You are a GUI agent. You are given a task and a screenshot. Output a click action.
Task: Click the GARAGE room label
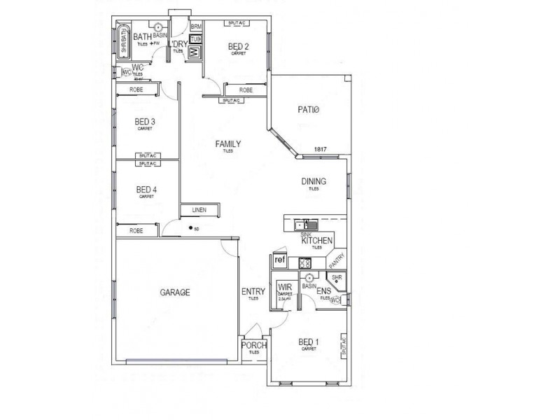[x=174, y=293]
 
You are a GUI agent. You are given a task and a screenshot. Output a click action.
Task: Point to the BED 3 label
[x=145, y=122]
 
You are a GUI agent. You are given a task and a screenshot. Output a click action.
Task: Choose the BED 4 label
[x=146, y=189]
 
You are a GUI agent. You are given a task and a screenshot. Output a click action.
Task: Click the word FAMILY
[x=227, y=144]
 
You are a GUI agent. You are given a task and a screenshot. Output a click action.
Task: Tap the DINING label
[x=314, y=182]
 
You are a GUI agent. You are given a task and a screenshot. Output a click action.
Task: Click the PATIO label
[x=308, y=110]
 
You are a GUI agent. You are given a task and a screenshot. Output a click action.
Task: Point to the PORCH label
[x=253, y=345]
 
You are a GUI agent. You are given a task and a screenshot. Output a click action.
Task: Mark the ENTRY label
[x=253, y=292]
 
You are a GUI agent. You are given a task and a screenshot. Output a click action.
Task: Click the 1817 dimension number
[x=321, y=149]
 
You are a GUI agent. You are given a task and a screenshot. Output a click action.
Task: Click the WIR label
[x=285, y=288]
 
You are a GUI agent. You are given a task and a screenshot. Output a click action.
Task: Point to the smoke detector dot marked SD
[x=190, y=227]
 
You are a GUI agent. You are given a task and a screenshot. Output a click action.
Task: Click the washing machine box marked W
[x=195, y=52]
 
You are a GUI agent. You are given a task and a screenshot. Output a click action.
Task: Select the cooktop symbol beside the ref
[x=305, y=263]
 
